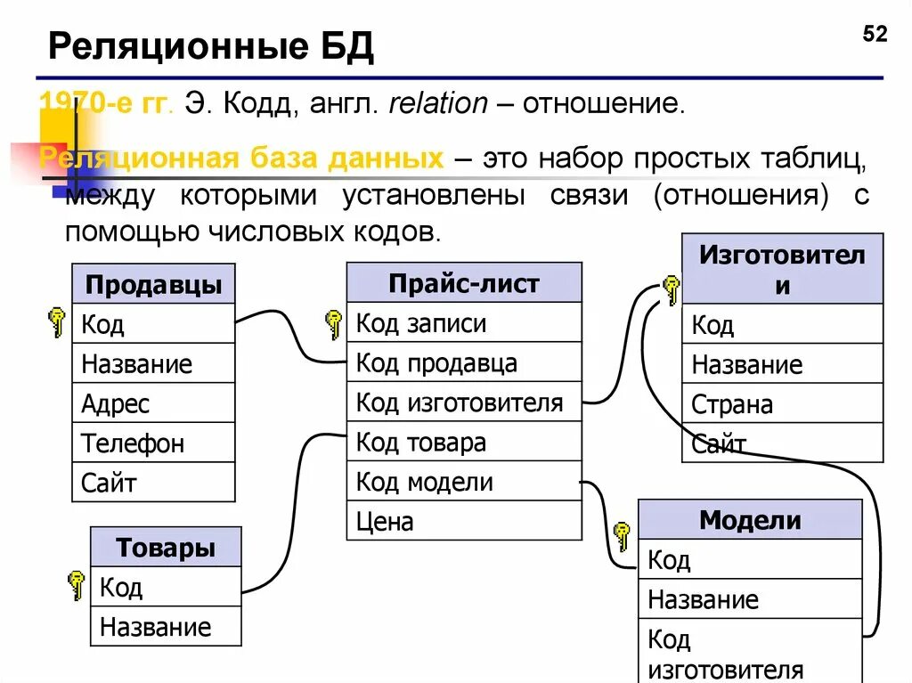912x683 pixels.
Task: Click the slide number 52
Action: tap(875, 35)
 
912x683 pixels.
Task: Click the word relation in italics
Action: tap(437, 104)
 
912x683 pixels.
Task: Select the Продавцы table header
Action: tap(153, 285)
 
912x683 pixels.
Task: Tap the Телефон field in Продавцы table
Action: tap(153, 443)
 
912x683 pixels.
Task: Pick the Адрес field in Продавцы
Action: tap(153, 403)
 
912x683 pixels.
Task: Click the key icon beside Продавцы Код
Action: tap(57, 321)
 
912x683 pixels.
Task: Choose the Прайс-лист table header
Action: tap(463, 283)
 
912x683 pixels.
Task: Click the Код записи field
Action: tap(463, 323)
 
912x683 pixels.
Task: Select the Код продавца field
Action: tap(463, 363)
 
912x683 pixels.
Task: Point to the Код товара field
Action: tap(463, 443)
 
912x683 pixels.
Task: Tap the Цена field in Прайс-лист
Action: tap(463, 521)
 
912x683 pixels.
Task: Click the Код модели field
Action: tap(463, 482)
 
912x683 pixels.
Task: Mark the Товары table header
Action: tap(166, 548)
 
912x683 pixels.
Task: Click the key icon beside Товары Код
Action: tap(77, 585)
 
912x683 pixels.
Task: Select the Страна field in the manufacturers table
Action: tap(782, 404)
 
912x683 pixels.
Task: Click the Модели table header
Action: tap(750, 520)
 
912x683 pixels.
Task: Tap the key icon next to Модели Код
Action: tap(622, 537)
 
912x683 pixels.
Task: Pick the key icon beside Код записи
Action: tap(334, 323)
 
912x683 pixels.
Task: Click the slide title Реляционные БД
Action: tap(210, 46)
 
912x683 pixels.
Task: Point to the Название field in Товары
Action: tap(166, 627)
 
